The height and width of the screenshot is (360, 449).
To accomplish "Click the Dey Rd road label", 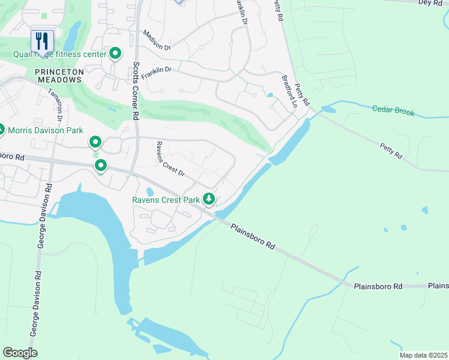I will [429, 3].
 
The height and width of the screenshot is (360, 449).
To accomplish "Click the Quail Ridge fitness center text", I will [59, 55].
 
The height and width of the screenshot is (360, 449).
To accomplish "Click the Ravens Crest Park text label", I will [166, 199].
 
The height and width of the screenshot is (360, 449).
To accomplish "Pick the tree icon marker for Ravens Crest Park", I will [209, 198].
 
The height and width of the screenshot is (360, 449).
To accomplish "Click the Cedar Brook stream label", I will [393, 110].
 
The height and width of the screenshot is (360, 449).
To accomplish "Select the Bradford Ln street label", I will [289, 91].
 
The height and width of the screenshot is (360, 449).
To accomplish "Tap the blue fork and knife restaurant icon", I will [42, 41].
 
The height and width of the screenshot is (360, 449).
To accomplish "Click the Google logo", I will [20, 353].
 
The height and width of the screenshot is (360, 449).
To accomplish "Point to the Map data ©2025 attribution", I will [423, 355].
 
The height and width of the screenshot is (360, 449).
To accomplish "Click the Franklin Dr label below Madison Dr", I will [156, 70].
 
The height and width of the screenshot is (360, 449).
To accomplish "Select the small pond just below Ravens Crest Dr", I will [149, 191].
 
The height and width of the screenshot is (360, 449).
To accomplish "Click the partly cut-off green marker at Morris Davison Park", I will [2, 130].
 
